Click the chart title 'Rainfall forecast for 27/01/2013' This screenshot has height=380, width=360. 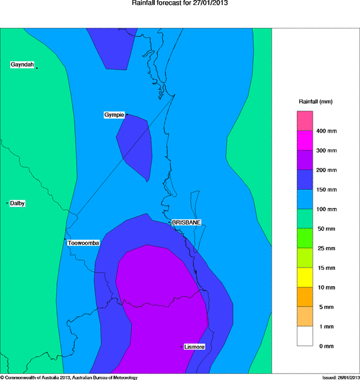pos(180,3)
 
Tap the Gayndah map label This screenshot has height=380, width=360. pos(22,65)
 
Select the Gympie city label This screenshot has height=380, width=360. pos(114,114)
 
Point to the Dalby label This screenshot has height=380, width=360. pos(18,203)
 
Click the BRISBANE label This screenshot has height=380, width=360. pos(186,223)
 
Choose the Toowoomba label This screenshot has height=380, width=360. pos(83,243)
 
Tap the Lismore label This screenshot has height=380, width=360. pos(194,347)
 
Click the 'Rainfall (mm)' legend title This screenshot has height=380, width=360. pos(315,101)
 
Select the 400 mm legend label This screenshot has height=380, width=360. pos(327,132)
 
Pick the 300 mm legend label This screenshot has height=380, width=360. pos(327,150)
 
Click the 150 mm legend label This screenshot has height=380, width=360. pos(327,189)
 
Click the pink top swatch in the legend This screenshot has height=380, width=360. pos(306,121)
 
